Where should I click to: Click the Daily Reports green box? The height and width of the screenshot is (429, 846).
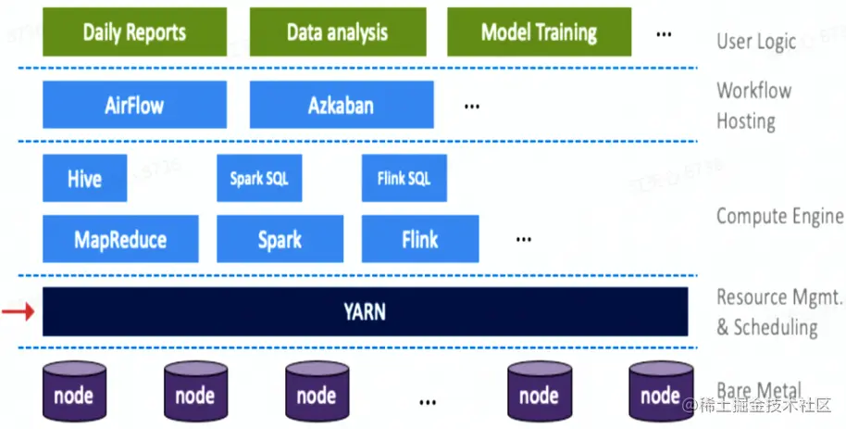134,32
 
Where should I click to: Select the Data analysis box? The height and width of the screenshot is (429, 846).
337,32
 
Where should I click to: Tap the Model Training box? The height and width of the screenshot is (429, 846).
539,32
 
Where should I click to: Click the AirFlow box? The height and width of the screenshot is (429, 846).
134,105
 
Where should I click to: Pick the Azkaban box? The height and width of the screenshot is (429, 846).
342,105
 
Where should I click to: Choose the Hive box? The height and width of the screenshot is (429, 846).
84,178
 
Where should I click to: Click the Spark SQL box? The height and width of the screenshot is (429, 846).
259,178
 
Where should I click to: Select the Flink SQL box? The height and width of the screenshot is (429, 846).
404,178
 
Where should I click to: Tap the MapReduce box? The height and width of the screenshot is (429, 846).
120,239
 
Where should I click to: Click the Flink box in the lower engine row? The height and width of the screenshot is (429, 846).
420,239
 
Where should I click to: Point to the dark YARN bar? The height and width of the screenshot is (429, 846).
365,311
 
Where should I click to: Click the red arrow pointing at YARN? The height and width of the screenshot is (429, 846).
18,311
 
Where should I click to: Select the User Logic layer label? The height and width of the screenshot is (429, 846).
755,41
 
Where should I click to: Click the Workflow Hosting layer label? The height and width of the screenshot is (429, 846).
753,106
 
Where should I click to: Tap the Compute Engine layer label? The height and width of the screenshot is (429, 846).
779,216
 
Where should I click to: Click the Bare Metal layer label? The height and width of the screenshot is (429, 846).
759,390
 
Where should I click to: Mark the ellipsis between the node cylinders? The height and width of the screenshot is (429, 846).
427,402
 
